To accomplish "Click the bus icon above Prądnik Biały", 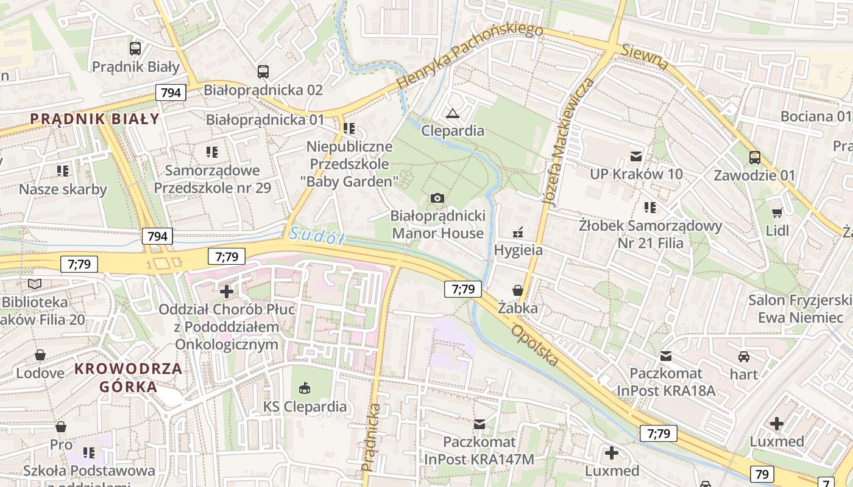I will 135,48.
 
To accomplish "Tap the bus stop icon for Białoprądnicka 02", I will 263,71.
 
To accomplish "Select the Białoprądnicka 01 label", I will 265,119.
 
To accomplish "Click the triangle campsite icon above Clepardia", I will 452,113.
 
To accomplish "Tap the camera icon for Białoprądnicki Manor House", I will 437,198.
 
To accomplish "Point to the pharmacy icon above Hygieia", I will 518,232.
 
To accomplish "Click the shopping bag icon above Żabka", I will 517,290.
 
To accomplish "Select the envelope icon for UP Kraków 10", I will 636,156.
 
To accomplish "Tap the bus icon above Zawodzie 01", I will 754,158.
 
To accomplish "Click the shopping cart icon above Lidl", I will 777,212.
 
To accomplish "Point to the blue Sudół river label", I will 317,235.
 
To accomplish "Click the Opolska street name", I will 535,345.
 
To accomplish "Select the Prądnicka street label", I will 371,437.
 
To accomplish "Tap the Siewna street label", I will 645,56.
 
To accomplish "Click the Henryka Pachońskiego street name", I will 469,55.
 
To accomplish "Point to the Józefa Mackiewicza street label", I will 568,141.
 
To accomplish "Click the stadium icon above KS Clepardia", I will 305,388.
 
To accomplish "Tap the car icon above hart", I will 743,356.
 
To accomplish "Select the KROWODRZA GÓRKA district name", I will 129,377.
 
